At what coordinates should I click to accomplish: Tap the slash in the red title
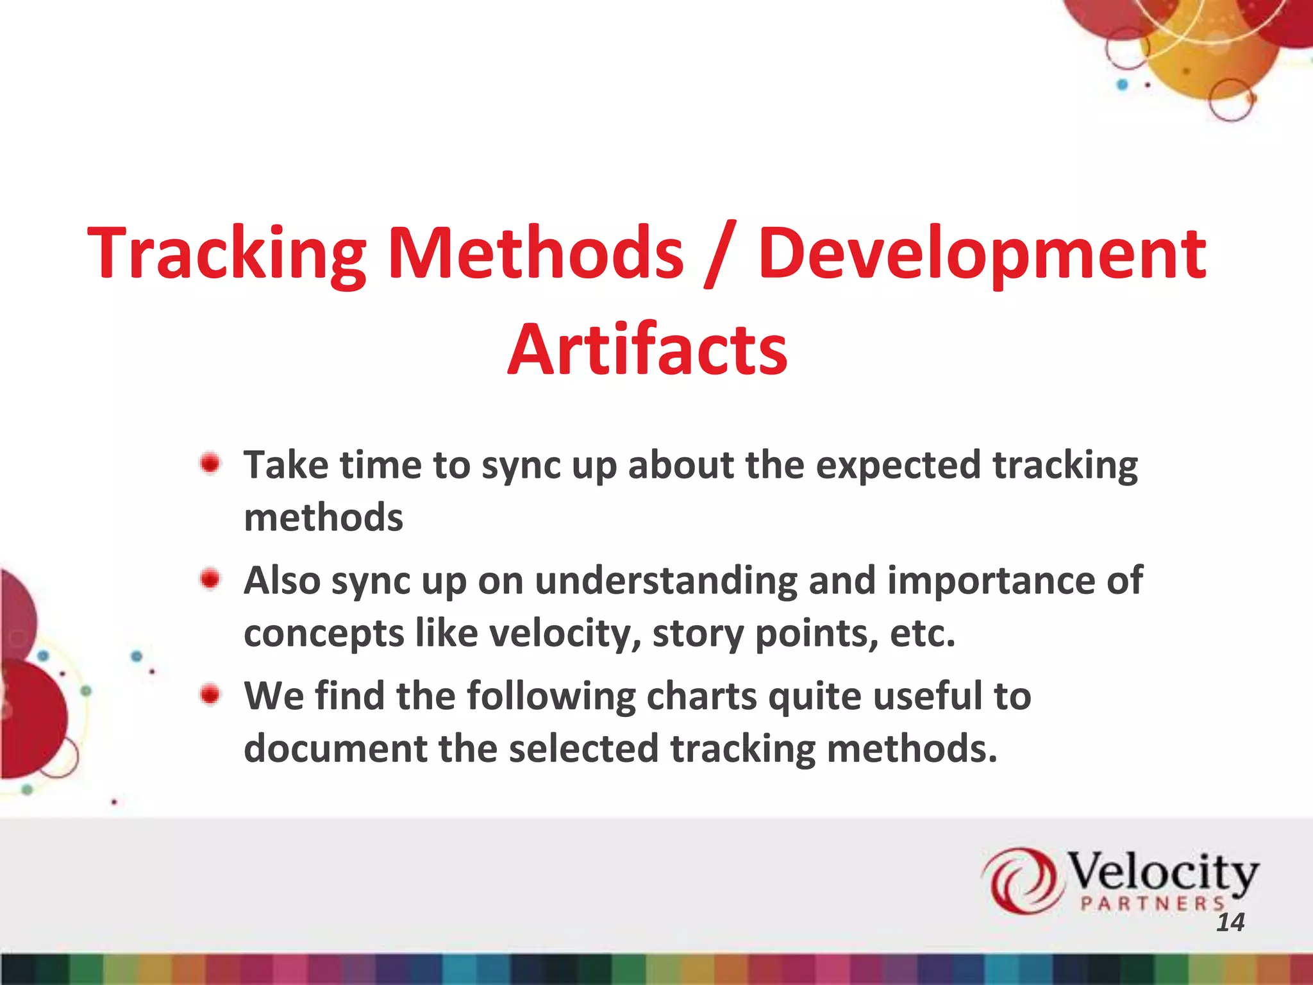tap(720, 255)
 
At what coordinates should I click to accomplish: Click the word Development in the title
tap(982, 255)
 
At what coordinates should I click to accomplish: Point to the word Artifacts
tap(648, 350)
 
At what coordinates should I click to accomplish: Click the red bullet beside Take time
tap(210, 463)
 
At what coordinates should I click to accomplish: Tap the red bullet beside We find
tap(210, 695)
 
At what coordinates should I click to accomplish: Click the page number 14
tap(1230, 922)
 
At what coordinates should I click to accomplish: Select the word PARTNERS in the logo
tap(1152, 904)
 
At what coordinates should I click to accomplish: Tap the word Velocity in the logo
tap(1162, 872)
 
